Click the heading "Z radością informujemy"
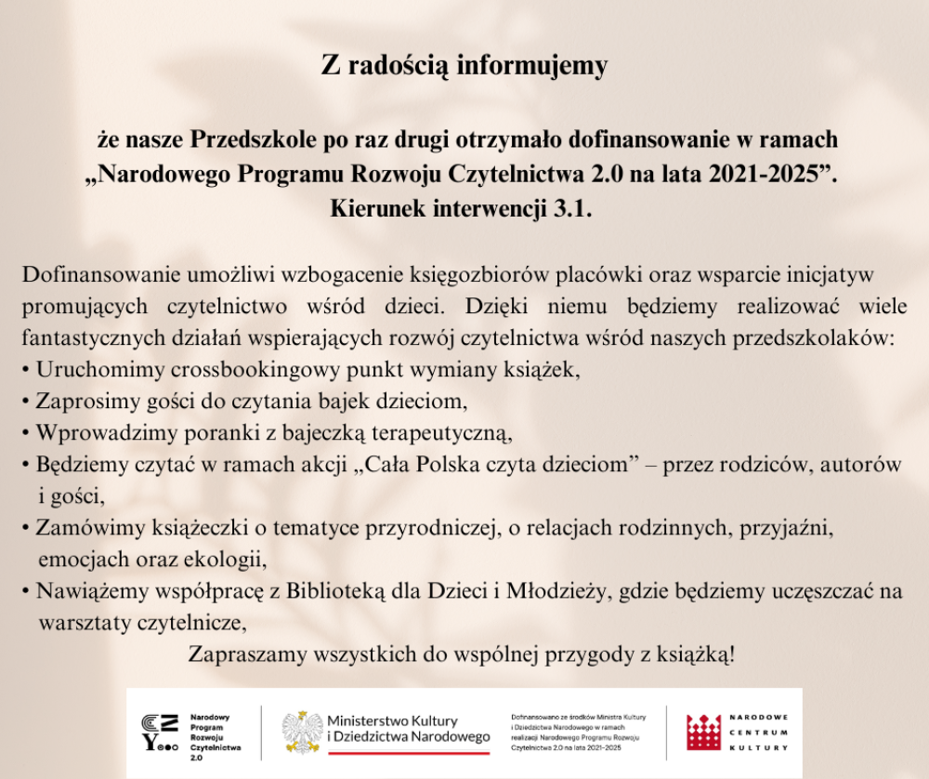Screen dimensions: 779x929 (464, 66)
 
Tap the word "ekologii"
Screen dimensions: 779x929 (229, 561)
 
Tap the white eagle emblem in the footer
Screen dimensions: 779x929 (302, 732)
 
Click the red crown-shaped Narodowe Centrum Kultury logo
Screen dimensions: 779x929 (703, 732)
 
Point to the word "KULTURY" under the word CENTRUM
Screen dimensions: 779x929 (760, 747)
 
